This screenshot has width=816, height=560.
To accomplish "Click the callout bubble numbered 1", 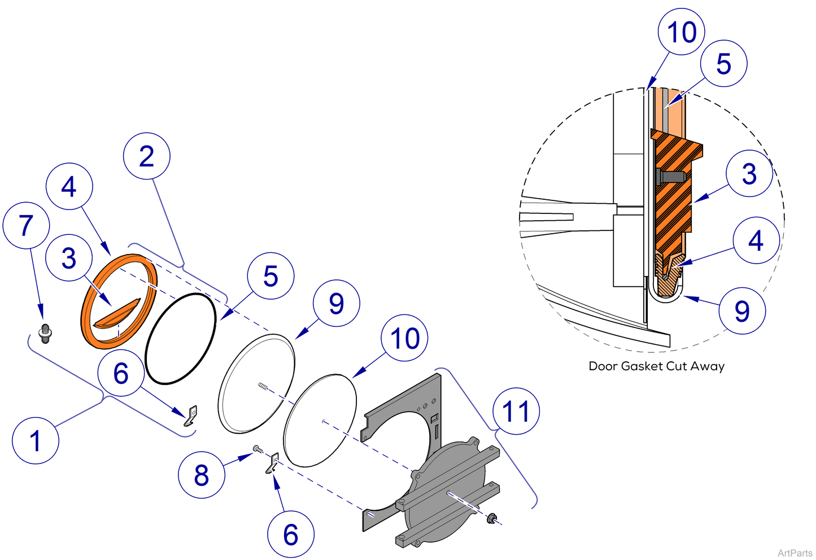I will (x=35, y=441).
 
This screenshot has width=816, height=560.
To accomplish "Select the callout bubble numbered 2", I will (x=147, y=156).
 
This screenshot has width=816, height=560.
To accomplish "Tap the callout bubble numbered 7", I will (x=26, y=226).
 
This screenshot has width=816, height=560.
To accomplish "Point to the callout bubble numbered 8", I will (x=202, y=475).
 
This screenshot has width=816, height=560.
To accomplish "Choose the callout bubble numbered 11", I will (x=516, y=411).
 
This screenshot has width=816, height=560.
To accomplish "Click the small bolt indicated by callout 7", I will (x=45, y=334).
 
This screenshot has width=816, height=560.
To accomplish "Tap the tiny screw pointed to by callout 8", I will (x=258, y=448).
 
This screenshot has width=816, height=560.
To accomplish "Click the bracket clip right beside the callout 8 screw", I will (x=273, y=463).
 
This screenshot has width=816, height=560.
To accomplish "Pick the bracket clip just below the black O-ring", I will (x=191, y=415).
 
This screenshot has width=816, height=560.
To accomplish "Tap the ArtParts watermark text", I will (x=795, y=553).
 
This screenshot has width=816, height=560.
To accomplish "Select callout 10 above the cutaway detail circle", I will (x=682, y=32).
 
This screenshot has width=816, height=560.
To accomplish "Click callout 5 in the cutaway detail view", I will (x=723, y=64).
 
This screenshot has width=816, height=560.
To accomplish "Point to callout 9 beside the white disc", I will (x=337, y=304).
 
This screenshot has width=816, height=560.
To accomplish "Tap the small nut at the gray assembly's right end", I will (x=492, y=518).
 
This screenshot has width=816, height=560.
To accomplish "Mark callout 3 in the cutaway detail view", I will (x=749, y=174).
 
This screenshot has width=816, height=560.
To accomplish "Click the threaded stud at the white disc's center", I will (x=263, y=386).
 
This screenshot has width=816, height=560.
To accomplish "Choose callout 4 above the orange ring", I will (x=69, y=187).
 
